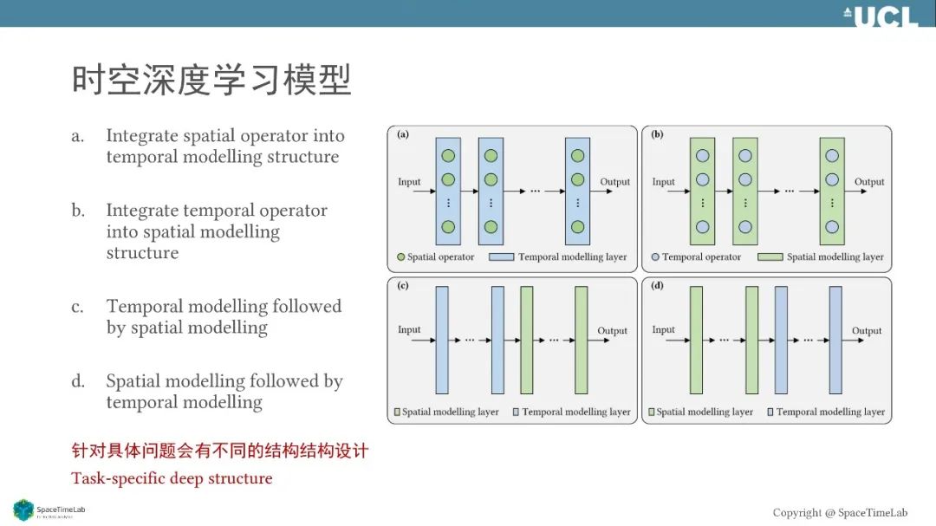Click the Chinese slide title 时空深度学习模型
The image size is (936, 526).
click(211, 81)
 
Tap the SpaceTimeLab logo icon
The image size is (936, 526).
click(23, 510)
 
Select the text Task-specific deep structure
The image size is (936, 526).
click(172, 478)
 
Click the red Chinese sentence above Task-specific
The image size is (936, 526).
click(220, 451)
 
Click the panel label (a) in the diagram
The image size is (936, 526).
click(403, 134)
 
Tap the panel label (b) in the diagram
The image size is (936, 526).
click(657, 134)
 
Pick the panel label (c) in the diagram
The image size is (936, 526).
click(403, 286)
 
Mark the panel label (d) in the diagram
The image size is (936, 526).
click(657, 286)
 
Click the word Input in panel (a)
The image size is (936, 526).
click(409, 182)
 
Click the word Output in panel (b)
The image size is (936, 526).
click(869, 182)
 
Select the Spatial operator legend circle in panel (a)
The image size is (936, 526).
click(400, 257)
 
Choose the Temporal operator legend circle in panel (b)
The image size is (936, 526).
click(655, 257)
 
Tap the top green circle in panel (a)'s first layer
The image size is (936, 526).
click(448, 157)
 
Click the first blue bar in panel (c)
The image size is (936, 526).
click(442, 341)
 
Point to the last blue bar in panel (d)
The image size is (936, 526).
click(835, 341)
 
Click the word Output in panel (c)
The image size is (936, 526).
click(612, 331)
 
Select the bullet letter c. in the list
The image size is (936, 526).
click(78, 307)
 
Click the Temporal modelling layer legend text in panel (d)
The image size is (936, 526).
click(830, 412)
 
